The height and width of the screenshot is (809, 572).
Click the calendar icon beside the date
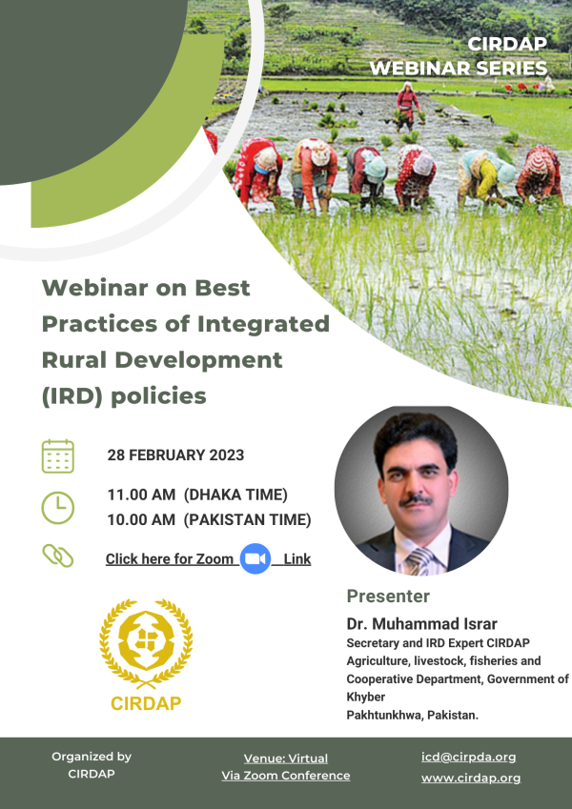pyautogui.click(x=58, y=456)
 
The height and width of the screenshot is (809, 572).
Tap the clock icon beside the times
pyautogui.click(x=58, y=508)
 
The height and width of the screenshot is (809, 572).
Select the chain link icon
pyautogui.click(x=58, y=556)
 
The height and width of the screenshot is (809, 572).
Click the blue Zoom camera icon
pyautogui.click(x=255, y=558)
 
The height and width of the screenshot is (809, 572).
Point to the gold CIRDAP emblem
pyautogui.click(x=146, y=643)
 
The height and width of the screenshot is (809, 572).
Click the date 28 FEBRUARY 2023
pyautogui.click(x=175, y=455)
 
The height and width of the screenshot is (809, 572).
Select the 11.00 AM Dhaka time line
pyautogui.click(x=197, y=495)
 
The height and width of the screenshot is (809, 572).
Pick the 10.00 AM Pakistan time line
pyautogui.click(x=209, y=519)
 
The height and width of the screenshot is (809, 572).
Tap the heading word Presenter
pyautogui.click(x=388, y=596)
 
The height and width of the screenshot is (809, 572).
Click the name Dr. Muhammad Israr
pyautogui.click(x=421, y=624)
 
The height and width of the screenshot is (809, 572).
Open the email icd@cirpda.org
pyautogui.click(x=469, y=757)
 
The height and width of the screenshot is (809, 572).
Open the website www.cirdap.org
pyautogui.click(x=471, y=779)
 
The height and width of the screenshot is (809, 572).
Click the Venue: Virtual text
pyautogui.click(x=285, y=758)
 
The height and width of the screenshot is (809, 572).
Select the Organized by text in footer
pyautogui.click(x=92, y=757)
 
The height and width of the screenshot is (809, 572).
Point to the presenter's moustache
pyautogui.click(x=416, y=500)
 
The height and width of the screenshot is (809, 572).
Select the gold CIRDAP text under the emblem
pyautogui.click(x=146, y=703)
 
